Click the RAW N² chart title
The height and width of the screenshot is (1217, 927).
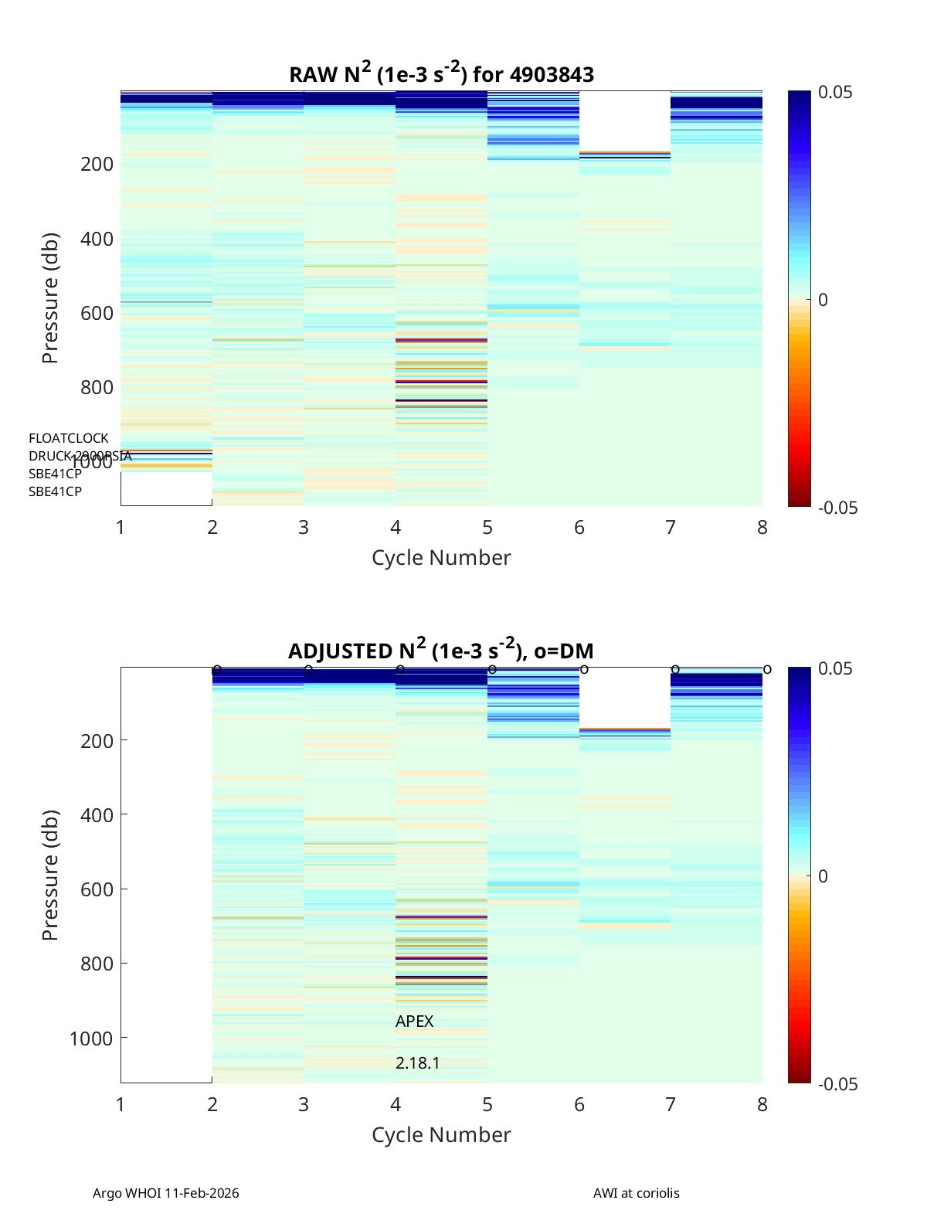coord(441,73)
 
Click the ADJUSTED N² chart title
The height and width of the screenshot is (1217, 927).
coord(440,650)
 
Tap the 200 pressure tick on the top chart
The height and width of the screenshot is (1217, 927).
coord(97,164)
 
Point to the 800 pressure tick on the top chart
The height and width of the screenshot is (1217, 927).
coord(97,387)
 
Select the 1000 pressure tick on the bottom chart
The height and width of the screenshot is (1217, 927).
coord(91,1038)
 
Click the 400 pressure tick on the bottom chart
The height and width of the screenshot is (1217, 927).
coord(97,815)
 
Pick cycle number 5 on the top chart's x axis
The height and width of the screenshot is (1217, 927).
coord(487,528)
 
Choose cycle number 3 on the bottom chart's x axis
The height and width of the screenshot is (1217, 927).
coord(304,1105)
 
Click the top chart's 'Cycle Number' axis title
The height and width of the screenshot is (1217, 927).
coord(441,558)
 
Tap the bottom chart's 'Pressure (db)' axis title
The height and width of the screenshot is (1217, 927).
coord(50,875)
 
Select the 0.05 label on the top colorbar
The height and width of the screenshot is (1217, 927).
coord(835,93)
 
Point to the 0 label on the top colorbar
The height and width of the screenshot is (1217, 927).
coord(823,300)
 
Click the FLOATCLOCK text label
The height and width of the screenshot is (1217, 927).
coord(69,438)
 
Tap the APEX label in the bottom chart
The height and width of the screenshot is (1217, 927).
coord(414,1022)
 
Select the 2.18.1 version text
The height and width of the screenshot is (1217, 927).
coord(417,1063)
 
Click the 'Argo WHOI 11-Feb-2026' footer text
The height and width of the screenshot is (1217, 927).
coord(165,1193)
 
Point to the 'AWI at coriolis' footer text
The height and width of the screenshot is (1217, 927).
coord(636,1193)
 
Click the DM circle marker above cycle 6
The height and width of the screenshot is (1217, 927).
coord(584,669)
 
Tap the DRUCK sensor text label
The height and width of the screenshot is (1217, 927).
coord(80,456)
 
